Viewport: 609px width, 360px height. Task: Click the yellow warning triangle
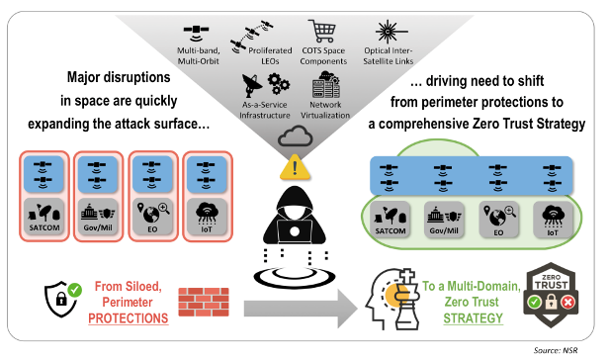tap(295, 168)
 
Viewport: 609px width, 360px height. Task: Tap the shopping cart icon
tap(322, 31)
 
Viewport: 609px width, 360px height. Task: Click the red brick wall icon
tap(204, 302)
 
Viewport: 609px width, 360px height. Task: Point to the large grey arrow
tap(301, 309)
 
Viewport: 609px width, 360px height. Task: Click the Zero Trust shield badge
tap(551, 295)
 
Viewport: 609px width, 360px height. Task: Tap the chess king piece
tap(406, 300)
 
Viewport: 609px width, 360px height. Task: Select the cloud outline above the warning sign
tap(296, 135)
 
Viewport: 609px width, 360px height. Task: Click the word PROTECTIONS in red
tap(129, 318)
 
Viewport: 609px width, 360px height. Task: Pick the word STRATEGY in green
tap(473, 318)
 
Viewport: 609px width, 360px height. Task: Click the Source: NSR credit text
tap(556, 350)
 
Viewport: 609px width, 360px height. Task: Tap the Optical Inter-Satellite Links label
tap(388, 56)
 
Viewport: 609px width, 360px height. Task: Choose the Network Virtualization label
tap(325, 110)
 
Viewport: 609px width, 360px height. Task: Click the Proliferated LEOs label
tap(270, 56)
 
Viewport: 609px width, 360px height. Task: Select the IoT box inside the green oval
tap(553, 220)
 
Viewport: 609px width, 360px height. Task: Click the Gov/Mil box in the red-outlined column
tap(98, 217)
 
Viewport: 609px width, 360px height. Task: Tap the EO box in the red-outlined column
tap(152, 217)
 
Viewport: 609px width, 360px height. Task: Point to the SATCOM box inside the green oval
tap(391, 220)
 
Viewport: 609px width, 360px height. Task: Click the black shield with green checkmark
tap(62, 299)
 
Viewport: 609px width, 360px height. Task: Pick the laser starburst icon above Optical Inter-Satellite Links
tap(390, 32)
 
